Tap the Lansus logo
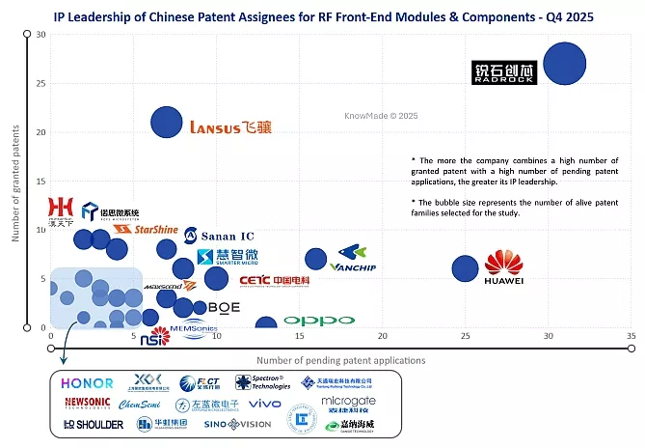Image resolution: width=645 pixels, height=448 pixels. click(x=230, y=126)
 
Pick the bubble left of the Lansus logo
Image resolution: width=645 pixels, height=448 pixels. click(x=167, y=122)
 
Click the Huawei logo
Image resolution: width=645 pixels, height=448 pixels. click(x=503, y=268)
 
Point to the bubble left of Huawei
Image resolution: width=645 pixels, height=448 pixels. click(x=466, y=269)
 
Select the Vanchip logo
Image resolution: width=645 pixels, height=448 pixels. click(x=352, y=266)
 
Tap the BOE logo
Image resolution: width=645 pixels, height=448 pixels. click(x=223, y=307)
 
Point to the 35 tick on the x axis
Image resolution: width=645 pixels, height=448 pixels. click(x=632, y=336)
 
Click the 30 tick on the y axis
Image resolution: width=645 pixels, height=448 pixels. click(x=40, y=35)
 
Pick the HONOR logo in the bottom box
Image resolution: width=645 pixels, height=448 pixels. click(x=89, y=383)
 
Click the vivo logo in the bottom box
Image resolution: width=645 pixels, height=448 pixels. click(x=265, y=404)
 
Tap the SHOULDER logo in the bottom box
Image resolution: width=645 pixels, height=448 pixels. click(x=93, y=425)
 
